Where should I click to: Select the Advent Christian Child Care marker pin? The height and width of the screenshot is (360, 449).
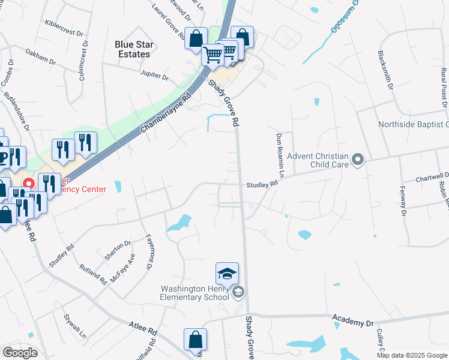pos(358,160)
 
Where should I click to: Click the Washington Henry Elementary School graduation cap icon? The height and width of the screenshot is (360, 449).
pos(227,274)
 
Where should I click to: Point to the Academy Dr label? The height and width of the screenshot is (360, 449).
pos(352,322)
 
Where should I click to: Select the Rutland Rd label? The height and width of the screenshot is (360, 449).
pos(92,272)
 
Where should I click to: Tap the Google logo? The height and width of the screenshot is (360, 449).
pos(20,353)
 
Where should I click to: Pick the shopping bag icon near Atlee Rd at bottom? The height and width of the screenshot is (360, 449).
pos(196,340)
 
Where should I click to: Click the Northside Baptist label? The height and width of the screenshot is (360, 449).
pos(413,125)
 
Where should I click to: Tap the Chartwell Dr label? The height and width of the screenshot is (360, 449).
pos(433,178)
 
